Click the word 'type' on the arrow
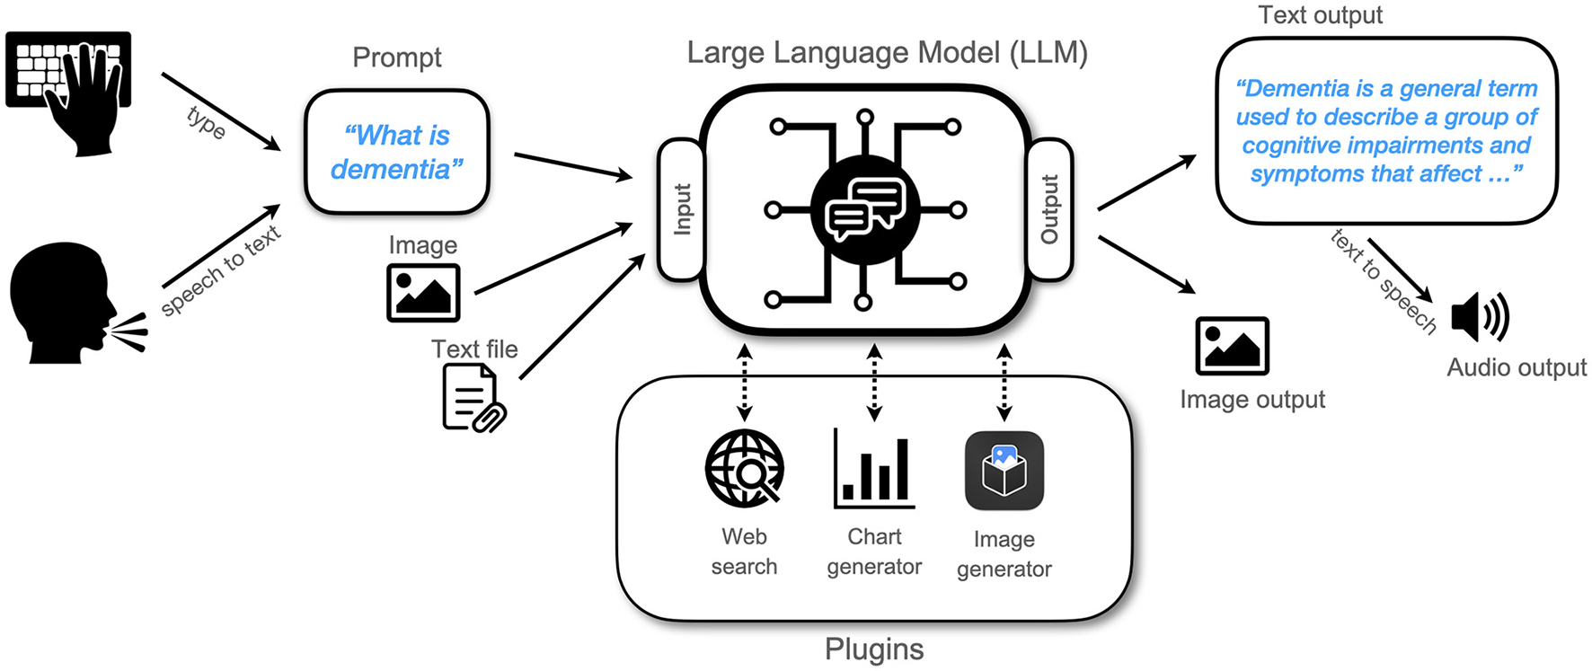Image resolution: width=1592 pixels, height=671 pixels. (206, 122)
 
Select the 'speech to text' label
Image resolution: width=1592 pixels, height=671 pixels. (221, 270)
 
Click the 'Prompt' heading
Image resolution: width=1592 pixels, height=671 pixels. (396, 57)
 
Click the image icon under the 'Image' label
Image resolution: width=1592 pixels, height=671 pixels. (423, 293)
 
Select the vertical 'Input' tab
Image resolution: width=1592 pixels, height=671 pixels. (682, 209)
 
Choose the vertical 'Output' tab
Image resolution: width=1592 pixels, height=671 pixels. (1049, 209)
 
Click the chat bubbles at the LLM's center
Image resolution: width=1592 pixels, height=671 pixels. (864, 209)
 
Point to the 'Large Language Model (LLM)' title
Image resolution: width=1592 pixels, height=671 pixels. (887, 52)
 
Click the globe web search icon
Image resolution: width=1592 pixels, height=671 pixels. (744, 468)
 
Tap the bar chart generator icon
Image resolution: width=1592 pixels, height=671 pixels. (873, 469)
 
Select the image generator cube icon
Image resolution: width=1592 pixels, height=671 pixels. (1004, 471)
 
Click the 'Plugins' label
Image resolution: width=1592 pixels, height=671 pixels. (873, 649)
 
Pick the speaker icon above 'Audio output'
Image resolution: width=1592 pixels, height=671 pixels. (1479, 317)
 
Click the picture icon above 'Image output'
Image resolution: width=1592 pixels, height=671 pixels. (1232, 346)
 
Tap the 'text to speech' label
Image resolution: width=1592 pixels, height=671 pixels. (1383, 281)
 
